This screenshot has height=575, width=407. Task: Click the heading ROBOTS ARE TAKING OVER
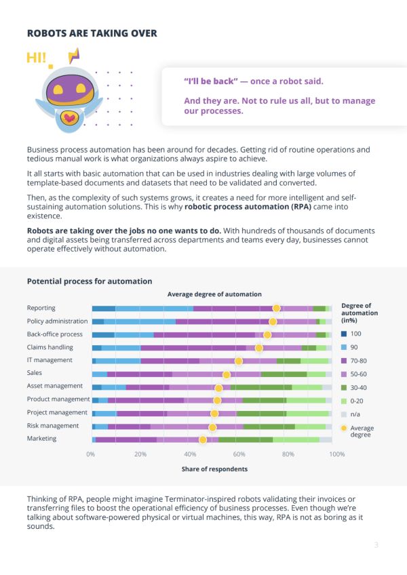pyautogui.click(x=92, y=33)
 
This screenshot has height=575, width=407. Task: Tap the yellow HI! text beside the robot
pyautogui.click(x=37, y=58)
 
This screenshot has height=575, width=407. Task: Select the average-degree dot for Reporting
pyautogui.click(x=276, y=309)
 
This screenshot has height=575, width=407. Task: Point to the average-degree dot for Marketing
pyautogui.click(x=202, y=439)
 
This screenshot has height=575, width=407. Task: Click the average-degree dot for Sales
pyautogui.click(x=227, y=374)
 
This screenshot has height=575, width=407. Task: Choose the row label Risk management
pyautogui.click(x=53, y=426)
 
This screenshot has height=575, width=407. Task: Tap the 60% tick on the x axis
pyautogui.click(x=239, y=454)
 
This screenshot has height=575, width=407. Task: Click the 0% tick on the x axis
pyautogui.click(x=92, y=454)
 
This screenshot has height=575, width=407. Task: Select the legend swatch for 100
pyautogui.click(x=345, y=334)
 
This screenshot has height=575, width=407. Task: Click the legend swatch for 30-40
pyautogui.click(x=345, y=387)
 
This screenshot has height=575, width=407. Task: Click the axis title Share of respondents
pyautogui.click(x=214, y=469)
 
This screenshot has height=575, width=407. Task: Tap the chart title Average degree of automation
pyautogui.click(x=214, y=294)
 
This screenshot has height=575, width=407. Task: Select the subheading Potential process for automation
pyautogui.click(x=90, y=281)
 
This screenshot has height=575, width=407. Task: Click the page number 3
pyautogui.click(x=376, y=544)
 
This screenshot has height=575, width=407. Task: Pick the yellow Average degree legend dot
pyautogui.click(x=345, y=428)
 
